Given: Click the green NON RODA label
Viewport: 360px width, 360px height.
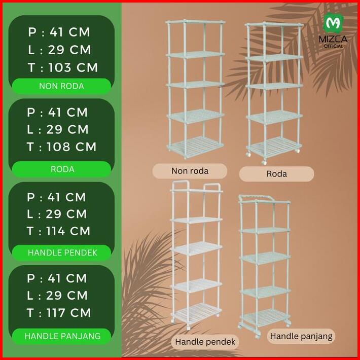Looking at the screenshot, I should pyautogui.click(x=61, y=86).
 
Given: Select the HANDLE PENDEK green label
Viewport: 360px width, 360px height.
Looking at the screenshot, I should pyautogui.click(x=61, y=252).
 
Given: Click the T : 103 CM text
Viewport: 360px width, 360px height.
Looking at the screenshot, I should pyautogui.click(x=62, y=67).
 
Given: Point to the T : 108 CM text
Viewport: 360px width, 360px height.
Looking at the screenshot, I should pyautogui.click(x=61, y=147).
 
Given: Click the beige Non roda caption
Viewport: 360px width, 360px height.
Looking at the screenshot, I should pyautogui.click(x=190, y=170).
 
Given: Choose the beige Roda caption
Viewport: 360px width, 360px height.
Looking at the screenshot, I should pyautogui.click(x=276, y=173).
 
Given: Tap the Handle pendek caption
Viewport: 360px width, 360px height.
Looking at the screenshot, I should pyautogui.click(x=205, y=342).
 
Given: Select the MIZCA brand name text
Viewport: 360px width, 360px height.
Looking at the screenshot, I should pyautogui.click(x=334, y=39).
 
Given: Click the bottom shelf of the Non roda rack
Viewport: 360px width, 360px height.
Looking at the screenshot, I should pyautogui.click(x=195, y=146).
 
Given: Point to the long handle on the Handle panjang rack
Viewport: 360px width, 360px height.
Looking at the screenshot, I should pyautogui.click(x=258, y=198).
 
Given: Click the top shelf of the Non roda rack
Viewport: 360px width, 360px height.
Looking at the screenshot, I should pyautogui.click(x=195, y=23).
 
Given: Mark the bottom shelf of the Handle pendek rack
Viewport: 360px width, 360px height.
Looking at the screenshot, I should pyautogui.click(x=196, y=310).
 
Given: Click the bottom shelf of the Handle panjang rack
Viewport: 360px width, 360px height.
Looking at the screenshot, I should pyautogui.click(x=264, y=316).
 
